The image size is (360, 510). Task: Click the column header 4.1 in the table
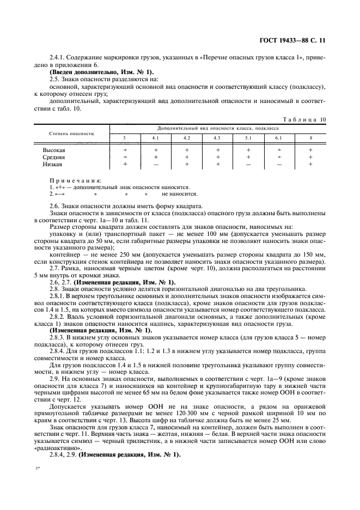click(x=155, y=137)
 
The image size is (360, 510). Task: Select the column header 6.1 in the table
click(x=279, y=137)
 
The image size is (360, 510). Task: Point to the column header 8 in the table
click(x=310, y=137)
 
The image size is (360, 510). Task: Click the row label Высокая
click(x=54, y=149)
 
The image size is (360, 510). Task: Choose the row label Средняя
click(x=54, y=156)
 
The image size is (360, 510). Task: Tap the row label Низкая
click(x=52, y=163)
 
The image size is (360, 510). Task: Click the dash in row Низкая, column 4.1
click(x=155, y=164)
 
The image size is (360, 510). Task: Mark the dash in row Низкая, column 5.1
click(x=248, y=164)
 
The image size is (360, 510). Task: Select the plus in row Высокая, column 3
click(x=125, y=149)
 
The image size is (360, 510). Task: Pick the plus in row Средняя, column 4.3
click(x=217, y=156)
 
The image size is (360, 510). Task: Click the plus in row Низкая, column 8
click(x=310, y=163)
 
